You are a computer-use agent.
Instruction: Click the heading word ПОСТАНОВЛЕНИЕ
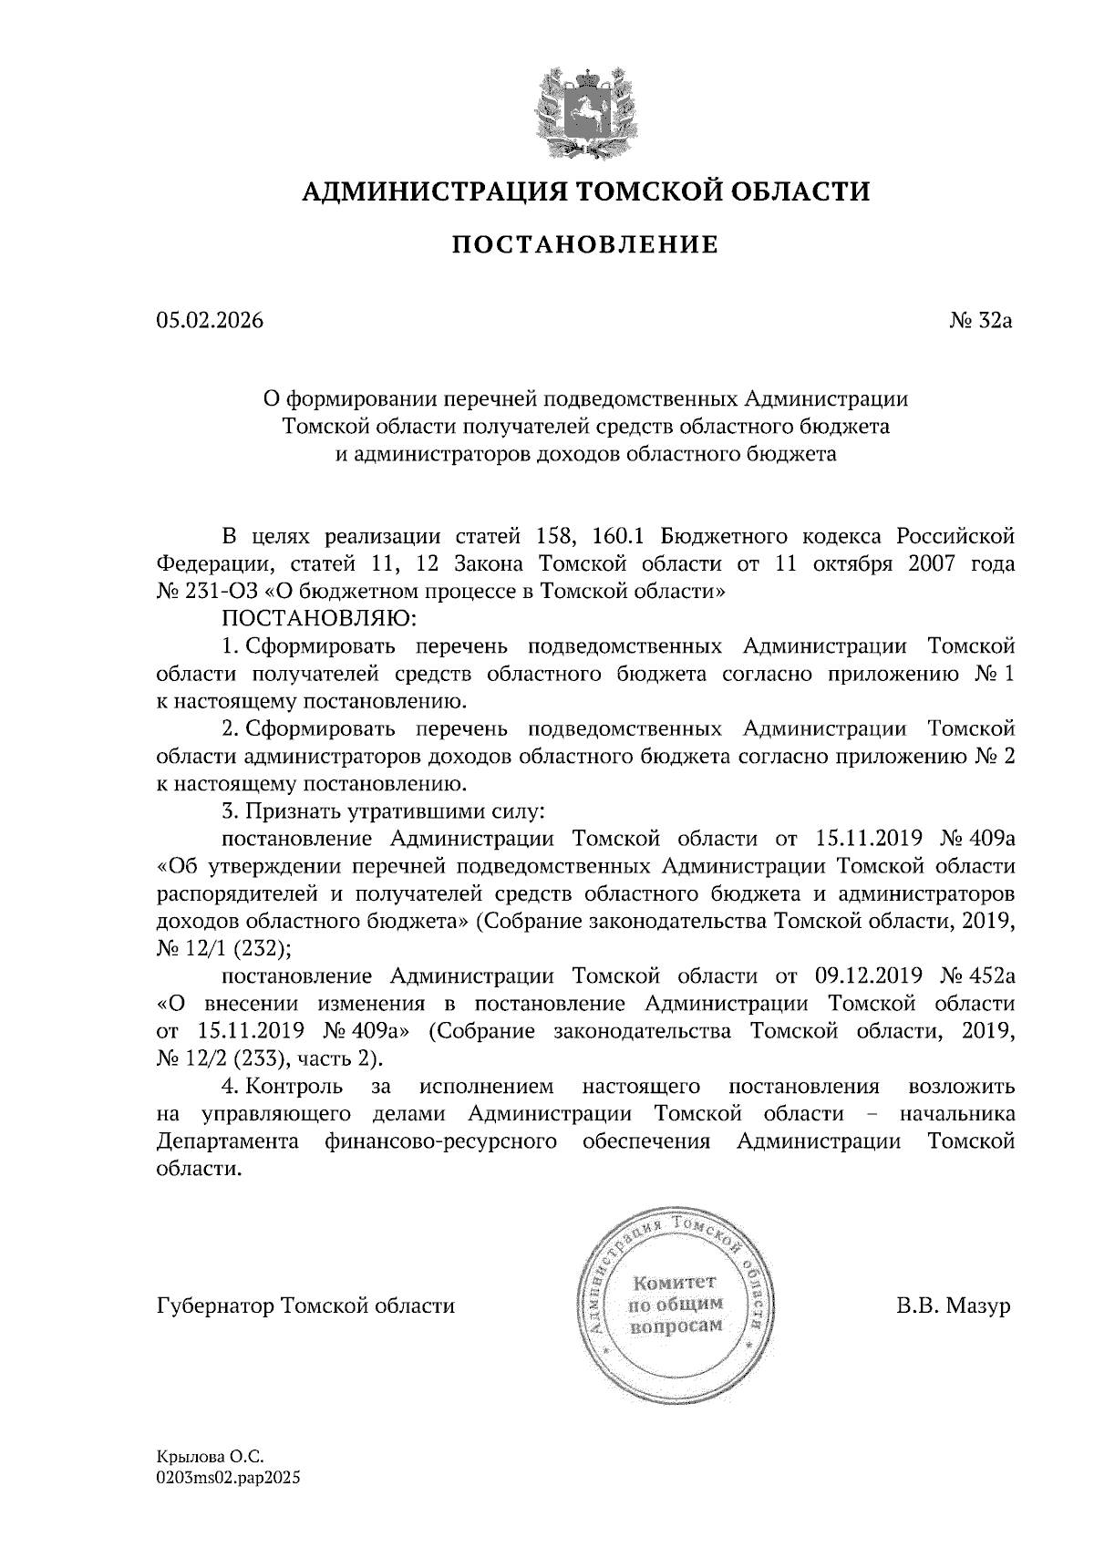[x=586, y=245]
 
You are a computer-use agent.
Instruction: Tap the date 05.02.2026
[x=209, y=321]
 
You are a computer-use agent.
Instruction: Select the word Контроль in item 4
[x=294, y=1087]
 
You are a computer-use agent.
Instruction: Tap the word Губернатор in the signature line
[x=215, y=1306]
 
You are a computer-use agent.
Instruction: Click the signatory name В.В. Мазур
[x=953, y=1306]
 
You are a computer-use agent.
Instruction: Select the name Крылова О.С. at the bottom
[x=203, y=1460]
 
